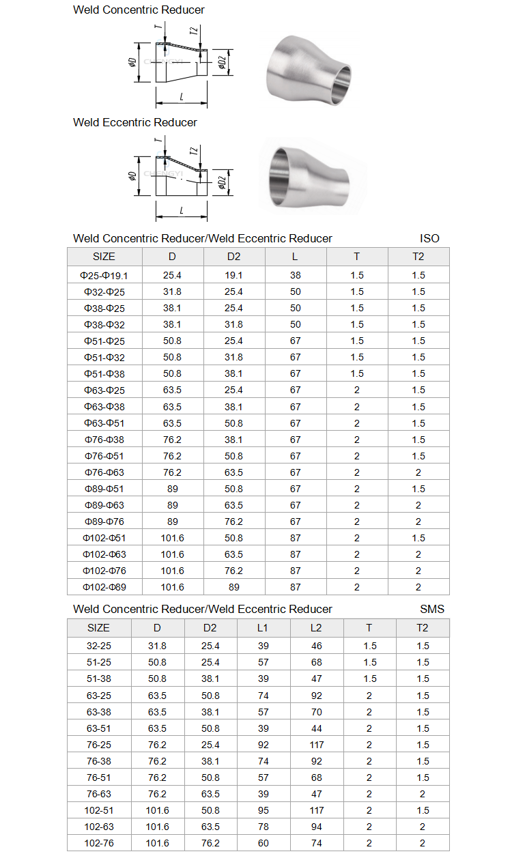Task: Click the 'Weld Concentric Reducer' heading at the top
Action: click(139, 10)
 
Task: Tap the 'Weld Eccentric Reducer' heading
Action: click(135, 122)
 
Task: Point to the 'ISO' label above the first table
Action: click(429, 238)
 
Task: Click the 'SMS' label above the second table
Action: click(432, 609)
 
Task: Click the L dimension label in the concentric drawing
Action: click(182, 97)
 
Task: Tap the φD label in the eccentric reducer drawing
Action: click(132, 176)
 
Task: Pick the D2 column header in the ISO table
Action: click(234, 257)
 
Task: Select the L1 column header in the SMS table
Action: click(263, 628)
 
